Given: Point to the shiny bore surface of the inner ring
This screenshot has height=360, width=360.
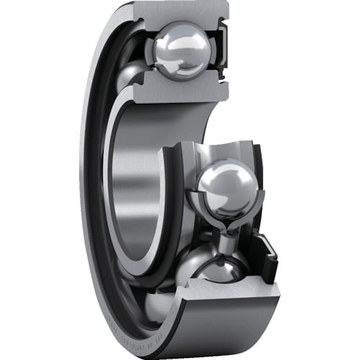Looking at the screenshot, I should pyautogui.click(x=137, y=180).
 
